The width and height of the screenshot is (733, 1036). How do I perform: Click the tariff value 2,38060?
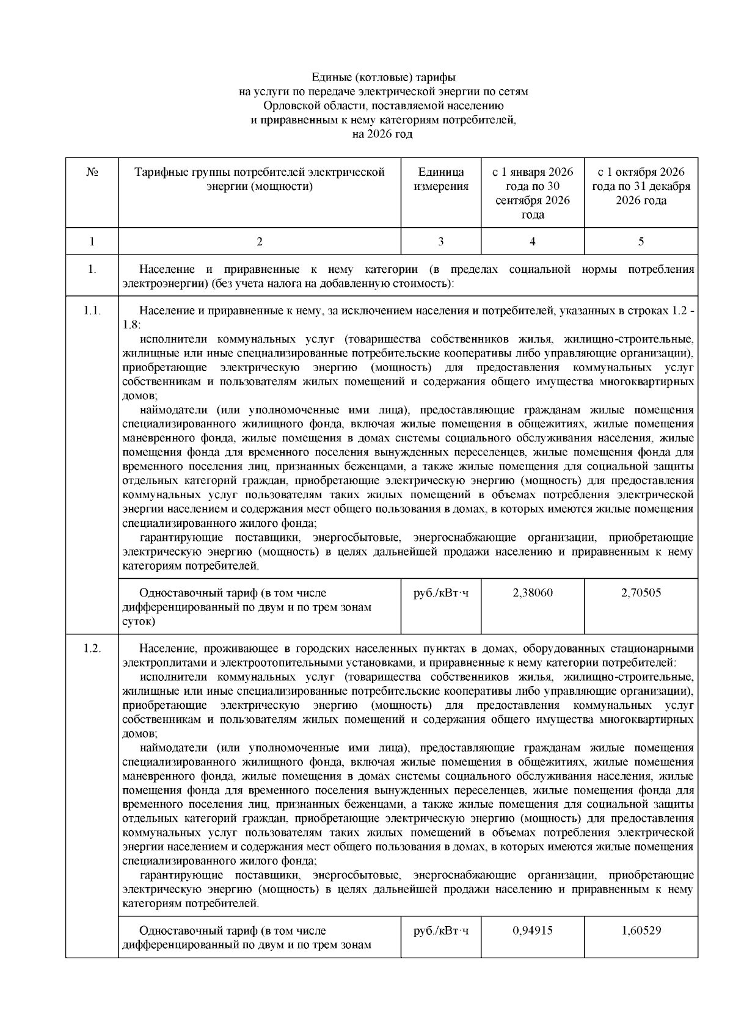coord(533,592)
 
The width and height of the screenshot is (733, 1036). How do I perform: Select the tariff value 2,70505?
coord(641,592)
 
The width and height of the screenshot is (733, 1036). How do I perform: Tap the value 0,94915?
coord(533,930)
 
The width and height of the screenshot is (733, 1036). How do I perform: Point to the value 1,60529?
coord(641,930)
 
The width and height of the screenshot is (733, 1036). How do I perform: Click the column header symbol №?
coord(92,172)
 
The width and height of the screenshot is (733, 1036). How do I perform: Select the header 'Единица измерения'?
coord(441,179)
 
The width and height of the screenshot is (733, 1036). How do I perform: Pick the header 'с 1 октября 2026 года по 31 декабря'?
coord(641,186)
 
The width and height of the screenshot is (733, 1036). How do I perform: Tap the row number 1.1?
coord(92,311)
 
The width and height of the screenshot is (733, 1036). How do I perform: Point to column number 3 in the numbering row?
coord(441,242)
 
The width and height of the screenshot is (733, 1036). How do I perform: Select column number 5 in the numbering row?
coord(641,242)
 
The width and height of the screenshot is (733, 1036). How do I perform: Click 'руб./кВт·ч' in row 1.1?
coord(441,593)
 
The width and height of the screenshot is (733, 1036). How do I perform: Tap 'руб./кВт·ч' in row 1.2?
coord(441,931)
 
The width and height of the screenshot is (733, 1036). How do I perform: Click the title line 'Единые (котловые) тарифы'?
coord(383,78)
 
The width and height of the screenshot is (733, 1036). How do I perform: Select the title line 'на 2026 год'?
coord(383,134)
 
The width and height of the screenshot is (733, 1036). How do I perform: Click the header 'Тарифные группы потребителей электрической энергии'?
coord(260,179)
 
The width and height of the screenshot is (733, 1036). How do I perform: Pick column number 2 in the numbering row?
coord(260,242)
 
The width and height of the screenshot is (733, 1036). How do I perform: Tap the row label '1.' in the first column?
coord(92,269)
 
